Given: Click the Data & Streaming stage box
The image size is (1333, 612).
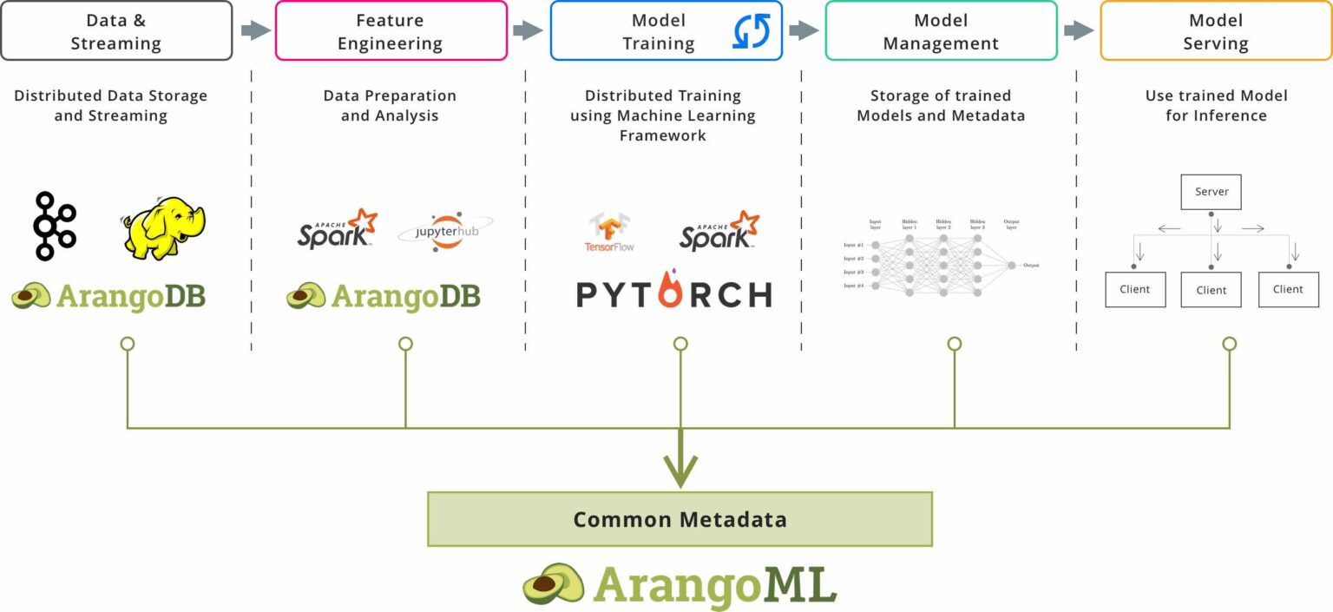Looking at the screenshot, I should (x=116, y=31).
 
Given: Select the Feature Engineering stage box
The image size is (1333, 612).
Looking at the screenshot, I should (x=391, y=31).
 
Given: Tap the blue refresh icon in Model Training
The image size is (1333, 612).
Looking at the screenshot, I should (x=752, y=30).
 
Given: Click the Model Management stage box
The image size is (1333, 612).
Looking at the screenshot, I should (x=941, y=31).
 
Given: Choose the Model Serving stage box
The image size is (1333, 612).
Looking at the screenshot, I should (x=1215, y=31).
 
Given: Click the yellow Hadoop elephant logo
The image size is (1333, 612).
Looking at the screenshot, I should (x=162, y=227).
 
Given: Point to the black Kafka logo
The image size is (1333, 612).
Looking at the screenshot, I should (x=55, y=227).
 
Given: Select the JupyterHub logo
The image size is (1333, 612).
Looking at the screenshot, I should (x=444, y=233).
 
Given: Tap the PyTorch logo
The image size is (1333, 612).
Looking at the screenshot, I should (x=674, y=293).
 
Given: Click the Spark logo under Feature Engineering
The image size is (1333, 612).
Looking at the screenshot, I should (x=337, y=229).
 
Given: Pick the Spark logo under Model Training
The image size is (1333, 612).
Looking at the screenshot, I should (x=719, y=231).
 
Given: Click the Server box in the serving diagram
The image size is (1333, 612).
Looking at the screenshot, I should (x=1211, y=192).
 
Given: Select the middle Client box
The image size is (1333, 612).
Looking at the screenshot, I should (x=1211, y=290).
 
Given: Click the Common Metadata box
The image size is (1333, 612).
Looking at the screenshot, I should (x=680, y=519).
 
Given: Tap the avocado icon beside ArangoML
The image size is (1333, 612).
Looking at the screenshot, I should (x=553, y=583).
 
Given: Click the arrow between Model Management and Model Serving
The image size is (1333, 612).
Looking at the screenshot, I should (x=1079, y=31).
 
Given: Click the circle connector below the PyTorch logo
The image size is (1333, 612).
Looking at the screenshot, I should (x=680, y=345).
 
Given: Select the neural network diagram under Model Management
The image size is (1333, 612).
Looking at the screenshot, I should (x=941, y=258).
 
